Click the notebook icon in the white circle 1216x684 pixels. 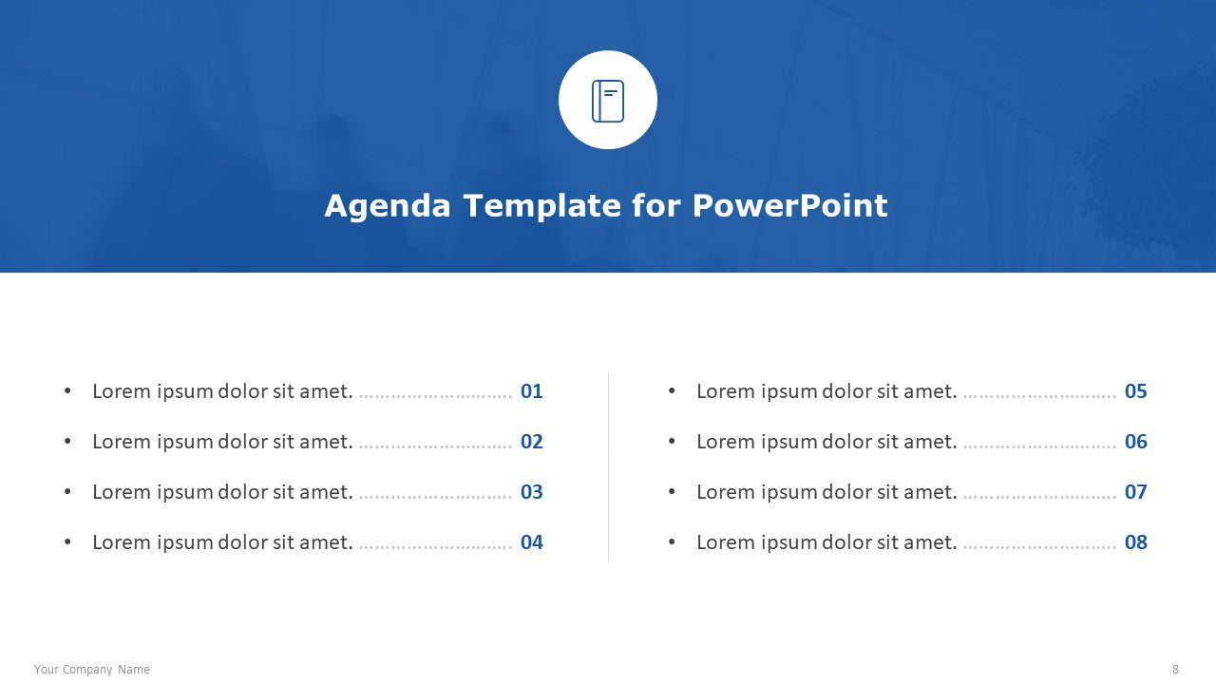tap(607, 101)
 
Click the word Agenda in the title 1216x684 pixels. tap(388, 207)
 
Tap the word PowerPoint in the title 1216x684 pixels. tap(789, 206)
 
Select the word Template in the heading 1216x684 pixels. tap(541, 207)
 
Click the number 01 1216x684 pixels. tap(531, 391)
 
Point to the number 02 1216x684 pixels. tap(531, 442)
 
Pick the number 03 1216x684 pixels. tap(531, 492)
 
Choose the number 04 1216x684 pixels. tap(531, 542)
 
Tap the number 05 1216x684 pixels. tap(1135, 391)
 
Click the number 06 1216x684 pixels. tap(1135, 442)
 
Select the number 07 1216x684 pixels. tap(1135, 492)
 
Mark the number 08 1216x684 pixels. tap(1135, 542)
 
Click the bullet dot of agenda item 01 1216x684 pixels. tap(67, 390)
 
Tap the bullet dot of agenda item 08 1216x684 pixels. tap(672, 541)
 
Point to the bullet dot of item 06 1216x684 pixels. tap(672, 442)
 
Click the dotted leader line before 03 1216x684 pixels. tap(435, 498)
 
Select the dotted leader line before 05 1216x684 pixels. tap(1039, 397)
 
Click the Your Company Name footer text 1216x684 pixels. tap(92, 670)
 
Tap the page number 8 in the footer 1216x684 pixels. tap(1175, 670)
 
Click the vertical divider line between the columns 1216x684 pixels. tap(608, 467)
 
